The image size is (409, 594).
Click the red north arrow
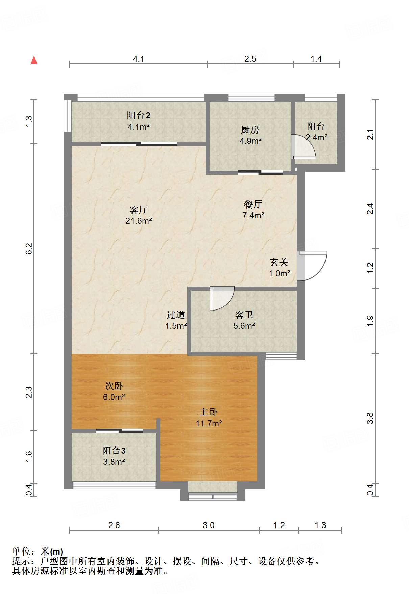coord(34,60)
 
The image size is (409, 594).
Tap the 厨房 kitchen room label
coord(250,130)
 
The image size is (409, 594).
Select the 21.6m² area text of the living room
coord(139,221)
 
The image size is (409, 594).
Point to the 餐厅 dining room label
coord(253,204)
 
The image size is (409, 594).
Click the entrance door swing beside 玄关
coord(312,266)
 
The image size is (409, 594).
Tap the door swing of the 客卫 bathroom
coord(222,298)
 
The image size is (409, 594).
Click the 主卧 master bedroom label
coord(209,412)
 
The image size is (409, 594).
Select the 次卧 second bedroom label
coord(114,386)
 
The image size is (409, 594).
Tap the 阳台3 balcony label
coord(114,451)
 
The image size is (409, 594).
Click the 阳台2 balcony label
coord(139,115)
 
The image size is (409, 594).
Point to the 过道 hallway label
coord(176,315)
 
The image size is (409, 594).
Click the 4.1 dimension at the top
coord(139,59)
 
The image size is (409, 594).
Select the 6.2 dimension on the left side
coord(29,249)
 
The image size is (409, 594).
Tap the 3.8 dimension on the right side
coord(370,418)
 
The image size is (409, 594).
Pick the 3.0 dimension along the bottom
coord(209,525)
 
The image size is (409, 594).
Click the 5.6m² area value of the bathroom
coord(244,326)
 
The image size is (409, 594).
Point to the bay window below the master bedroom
coord(213,491)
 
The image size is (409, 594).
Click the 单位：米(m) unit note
coord(38,551)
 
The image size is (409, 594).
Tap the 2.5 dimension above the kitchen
coord(250,59)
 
